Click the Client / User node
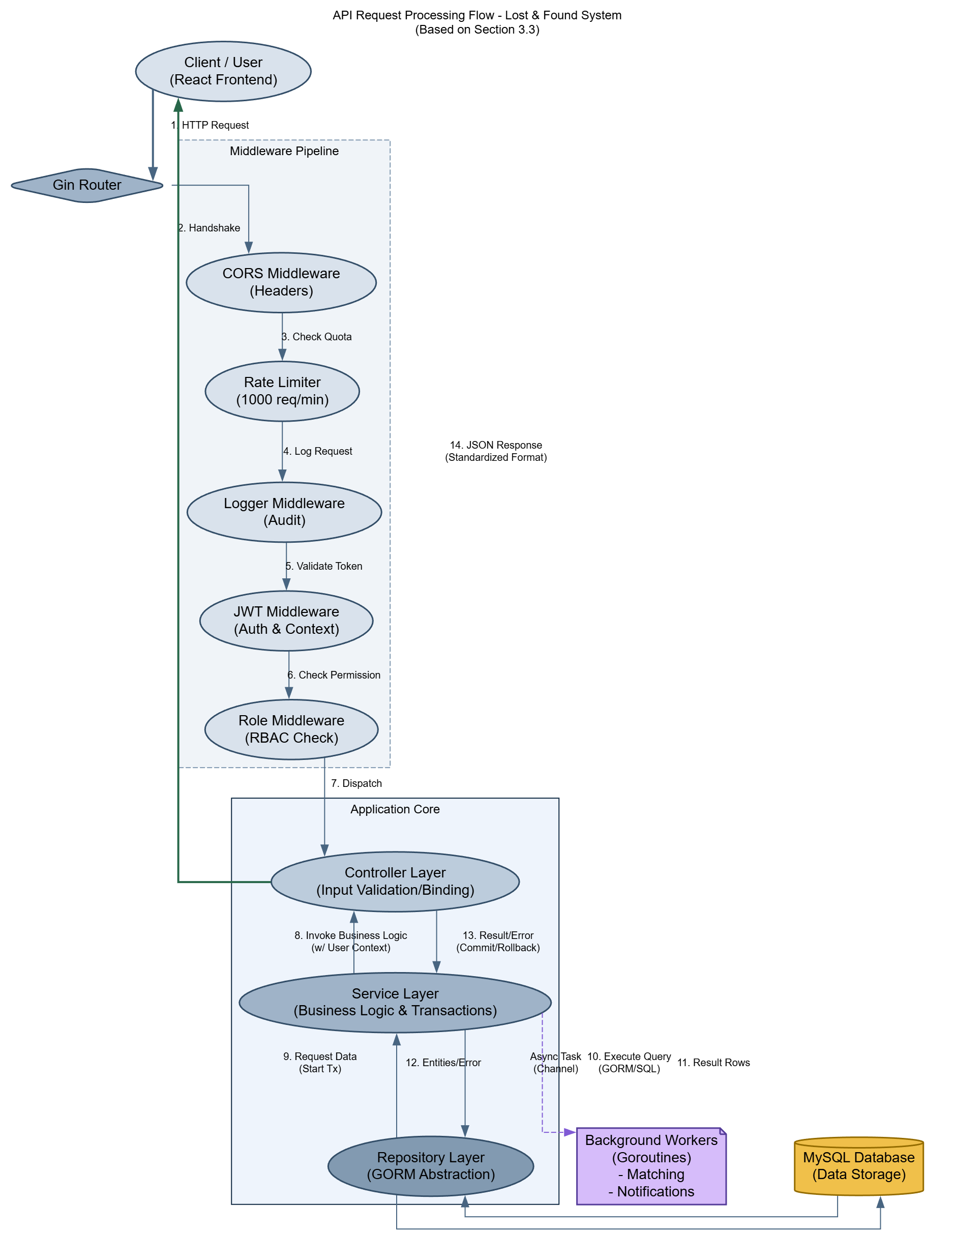coord(223,71)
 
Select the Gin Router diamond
coord(87,185)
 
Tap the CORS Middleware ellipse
coord(281,282)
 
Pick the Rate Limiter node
coord(282,391)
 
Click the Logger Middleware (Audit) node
coord(284,512)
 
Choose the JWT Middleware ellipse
coord(286,621)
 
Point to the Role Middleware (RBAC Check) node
coord(291,729)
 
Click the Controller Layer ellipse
coord(395,882)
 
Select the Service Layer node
coord(395,1002)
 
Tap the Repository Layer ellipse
coord(431,1166)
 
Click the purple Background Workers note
coord(651,1166)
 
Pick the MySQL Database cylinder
coord(858,1166)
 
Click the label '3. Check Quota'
coord(317,337)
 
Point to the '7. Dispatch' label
coord(356,784)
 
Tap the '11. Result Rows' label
coord(713,1063)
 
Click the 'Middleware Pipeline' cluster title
coord(284,151)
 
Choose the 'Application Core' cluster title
coord(395,810)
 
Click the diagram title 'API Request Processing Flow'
coord(477,15)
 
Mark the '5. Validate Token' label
coord(324,566)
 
